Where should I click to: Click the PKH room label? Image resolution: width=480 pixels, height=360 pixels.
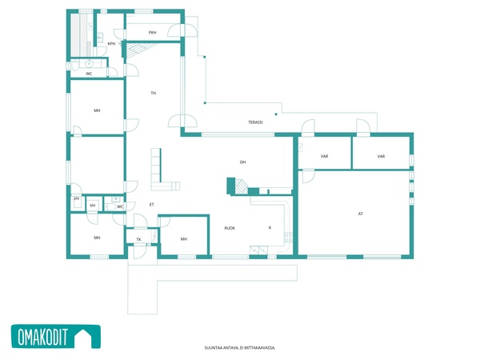[x=153, y=33]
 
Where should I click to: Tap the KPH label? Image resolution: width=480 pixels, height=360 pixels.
[x=112, y=44]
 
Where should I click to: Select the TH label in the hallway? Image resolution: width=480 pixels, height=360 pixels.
[x=154, y=93]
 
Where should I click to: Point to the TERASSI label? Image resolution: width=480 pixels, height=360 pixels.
[x=255, y=122]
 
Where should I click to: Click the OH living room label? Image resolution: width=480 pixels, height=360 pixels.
[x=242, y=162]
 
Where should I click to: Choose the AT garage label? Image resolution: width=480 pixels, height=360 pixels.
[x=361, y=214]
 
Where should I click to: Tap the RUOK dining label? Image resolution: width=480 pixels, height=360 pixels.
[x=230, y=228]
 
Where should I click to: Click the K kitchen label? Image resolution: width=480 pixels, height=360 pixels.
[x=270, y=227]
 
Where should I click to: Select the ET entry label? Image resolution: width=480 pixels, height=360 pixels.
[x=151, y=205]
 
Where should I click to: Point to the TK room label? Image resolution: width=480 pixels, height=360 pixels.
[x=138, y=239]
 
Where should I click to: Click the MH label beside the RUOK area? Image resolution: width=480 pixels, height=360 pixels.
[x=184, y=239]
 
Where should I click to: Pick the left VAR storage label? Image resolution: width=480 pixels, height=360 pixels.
[x=325, y=156]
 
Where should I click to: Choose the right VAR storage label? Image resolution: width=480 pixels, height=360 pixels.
[x=381, y=157]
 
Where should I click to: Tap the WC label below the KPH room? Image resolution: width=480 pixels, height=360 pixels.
[x=89, y=74]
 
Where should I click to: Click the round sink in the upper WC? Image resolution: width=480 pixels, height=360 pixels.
[x=89, y=64]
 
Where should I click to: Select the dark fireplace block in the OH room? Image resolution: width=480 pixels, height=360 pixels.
[x=231, y=186]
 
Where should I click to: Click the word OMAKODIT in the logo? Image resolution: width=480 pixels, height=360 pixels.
[x=42, y=337]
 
